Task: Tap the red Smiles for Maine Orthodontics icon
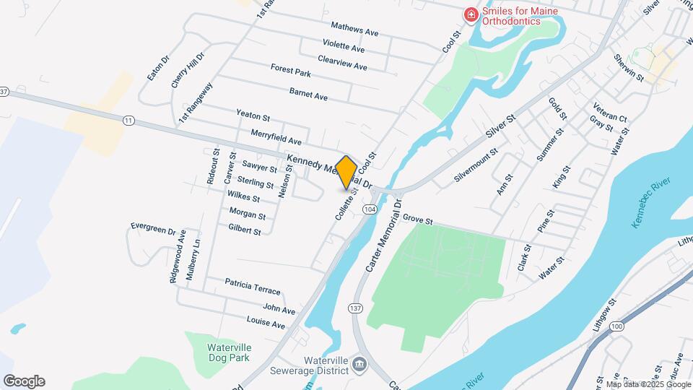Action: point(471,14)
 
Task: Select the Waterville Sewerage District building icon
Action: point(358,363)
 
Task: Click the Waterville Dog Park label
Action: point(209,351)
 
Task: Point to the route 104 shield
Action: point(370,209)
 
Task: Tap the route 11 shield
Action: point(128,120)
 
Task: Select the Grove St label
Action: point(417,218)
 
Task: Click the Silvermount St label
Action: point(476,167)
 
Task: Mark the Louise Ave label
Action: point(266,323)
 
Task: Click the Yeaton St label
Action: point(253,115)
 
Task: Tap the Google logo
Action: point(24,381)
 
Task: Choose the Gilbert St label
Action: point(244,230)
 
